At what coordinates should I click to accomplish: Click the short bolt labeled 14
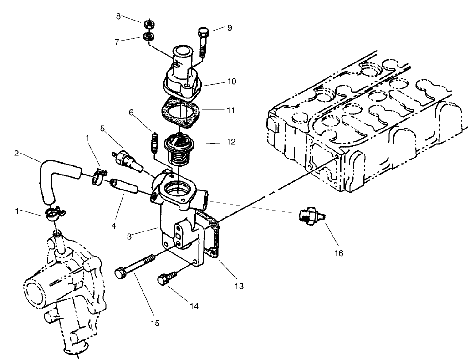(x=166, y=277)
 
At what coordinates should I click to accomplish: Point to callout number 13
(x=239, y=286)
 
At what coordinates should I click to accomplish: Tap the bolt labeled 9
(x=204, y=42)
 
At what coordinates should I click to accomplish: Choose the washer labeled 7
(x=148, y=37)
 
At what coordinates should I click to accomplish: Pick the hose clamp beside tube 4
(x=100, y=177)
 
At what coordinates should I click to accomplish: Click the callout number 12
(x=230, y=142)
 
